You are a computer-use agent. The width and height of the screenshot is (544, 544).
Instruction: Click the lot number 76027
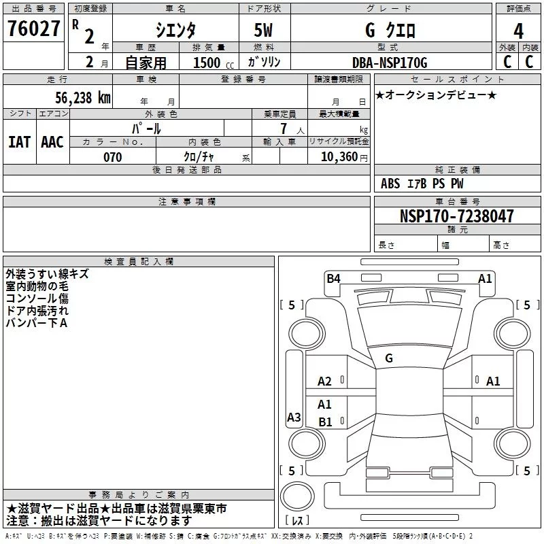coord(33,30)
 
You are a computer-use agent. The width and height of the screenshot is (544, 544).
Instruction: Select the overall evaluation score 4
coord(519,31)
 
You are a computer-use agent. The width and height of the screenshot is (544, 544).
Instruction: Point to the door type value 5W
coord(265,31)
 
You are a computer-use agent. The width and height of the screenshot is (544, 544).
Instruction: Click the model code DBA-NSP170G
coord(390,63)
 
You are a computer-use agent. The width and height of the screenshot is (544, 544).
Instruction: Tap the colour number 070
coord(112,157)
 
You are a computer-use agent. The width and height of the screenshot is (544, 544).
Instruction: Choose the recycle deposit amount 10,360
coord(337,157)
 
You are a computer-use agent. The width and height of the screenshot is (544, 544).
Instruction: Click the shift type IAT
coord(19,142)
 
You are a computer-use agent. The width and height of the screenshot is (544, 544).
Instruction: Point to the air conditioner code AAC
coord(52,142)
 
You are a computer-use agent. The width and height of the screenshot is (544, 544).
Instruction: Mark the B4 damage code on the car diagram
coord(333,278)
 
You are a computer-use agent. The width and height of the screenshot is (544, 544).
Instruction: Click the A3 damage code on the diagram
coord(294,418)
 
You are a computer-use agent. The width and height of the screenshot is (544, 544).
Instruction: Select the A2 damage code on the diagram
coord(325,381)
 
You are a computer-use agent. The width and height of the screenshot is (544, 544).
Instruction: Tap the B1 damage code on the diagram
coord(325,422)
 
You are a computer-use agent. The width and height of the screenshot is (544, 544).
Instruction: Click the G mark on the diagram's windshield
coord(389,358)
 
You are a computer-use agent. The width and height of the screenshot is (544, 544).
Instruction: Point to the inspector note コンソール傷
coord(37,298)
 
